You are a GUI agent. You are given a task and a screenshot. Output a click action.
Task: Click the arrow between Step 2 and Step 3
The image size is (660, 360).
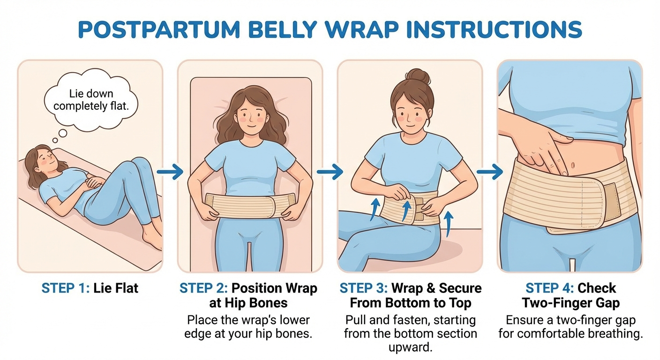(x=330, y=172)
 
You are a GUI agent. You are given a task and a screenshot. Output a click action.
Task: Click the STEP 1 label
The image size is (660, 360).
(x=64, y=288)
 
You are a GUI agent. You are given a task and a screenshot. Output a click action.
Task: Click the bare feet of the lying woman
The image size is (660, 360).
(x=153, y=237)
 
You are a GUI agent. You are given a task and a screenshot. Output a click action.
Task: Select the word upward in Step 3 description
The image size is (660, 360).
(x=410, y=347)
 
